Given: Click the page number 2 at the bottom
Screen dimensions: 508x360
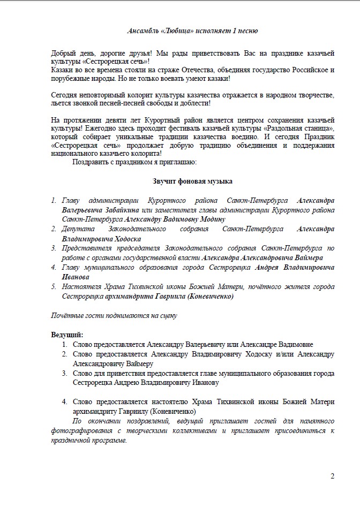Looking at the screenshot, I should click(333, 476).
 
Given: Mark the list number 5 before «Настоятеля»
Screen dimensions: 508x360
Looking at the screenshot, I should click(54, 287).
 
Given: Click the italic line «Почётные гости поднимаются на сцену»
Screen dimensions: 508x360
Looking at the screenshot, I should click(114, 315).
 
